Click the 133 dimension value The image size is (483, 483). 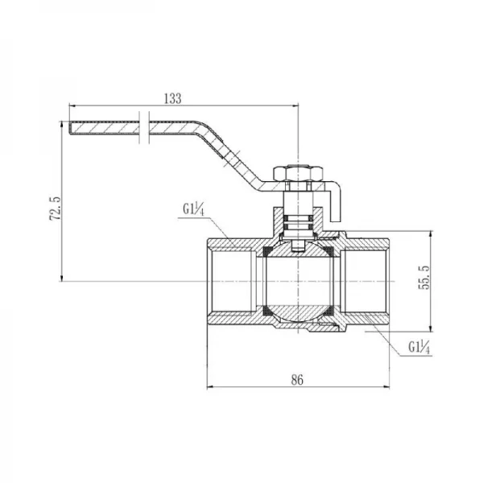173,98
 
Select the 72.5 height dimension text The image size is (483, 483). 56,208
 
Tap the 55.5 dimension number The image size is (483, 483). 423,278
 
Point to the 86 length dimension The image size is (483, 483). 297,380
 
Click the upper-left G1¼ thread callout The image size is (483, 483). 193,210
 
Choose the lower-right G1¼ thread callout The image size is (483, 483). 419,347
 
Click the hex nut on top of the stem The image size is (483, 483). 299,174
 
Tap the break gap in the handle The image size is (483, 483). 144,127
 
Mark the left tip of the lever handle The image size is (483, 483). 68,128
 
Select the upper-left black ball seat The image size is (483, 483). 266,252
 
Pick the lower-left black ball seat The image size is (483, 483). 266,311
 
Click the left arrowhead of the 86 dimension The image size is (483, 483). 210,387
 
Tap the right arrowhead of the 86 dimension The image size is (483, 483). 386,387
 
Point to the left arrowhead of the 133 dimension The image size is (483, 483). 72,105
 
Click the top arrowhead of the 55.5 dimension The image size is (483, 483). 431,233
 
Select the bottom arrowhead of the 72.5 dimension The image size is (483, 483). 62,278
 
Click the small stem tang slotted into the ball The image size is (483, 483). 298,246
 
